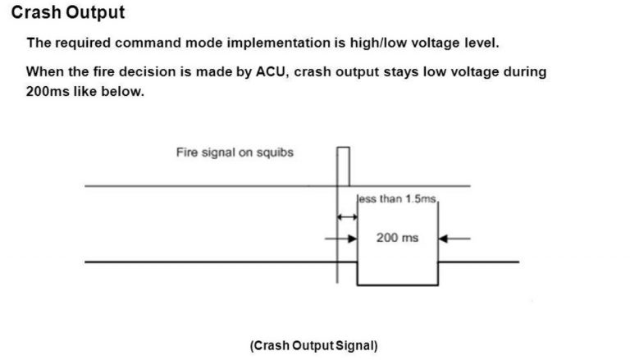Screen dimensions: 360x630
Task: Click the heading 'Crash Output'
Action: (68, 13)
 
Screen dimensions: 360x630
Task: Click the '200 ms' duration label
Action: (397, 238)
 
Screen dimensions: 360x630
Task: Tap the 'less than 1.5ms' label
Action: (399, 199)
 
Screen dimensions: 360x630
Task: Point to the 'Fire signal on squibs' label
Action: (235, 153)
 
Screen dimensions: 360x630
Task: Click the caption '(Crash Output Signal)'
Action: (314, 346)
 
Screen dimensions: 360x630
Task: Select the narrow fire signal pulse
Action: (343, 167)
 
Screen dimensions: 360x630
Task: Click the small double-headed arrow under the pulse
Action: (347, 217)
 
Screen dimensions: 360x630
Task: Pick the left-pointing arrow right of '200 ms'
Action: (454, 239)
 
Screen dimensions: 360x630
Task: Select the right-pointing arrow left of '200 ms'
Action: (342, 239)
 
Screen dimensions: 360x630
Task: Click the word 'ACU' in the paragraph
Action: (269, 71)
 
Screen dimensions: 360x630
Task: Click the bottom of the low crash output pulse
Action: (397, 285)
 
